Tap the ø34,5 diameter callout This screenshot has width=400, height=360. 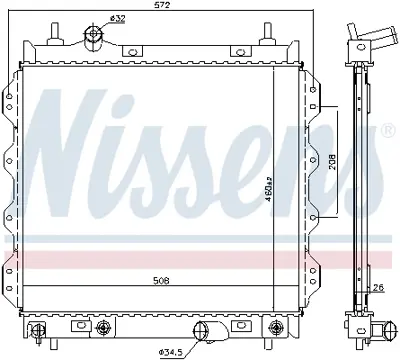[x=171, y=349]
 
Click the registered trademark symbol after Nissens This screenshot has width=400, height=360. [x=386, y=131]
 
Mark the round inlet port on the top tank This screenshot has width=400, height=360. [x=95, y=37]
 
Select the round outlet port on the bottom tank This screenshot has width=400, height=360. [x=203, y=332]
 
